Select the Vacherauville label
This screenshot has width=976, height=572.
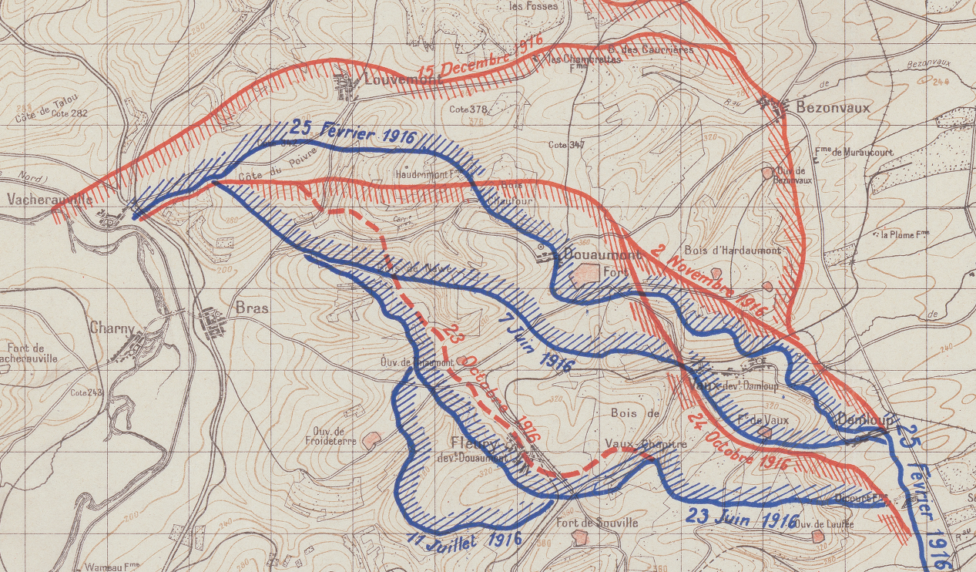click(49, 199)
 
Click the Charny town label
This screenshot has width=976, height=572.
click(112, 327)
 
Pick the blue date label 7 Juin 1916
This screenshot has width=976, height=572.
click(535, 343)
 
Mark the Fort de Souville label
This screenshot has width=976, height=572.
click(597, 523)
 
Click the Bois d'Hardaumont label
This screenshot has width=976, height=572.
click(733, 251)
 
